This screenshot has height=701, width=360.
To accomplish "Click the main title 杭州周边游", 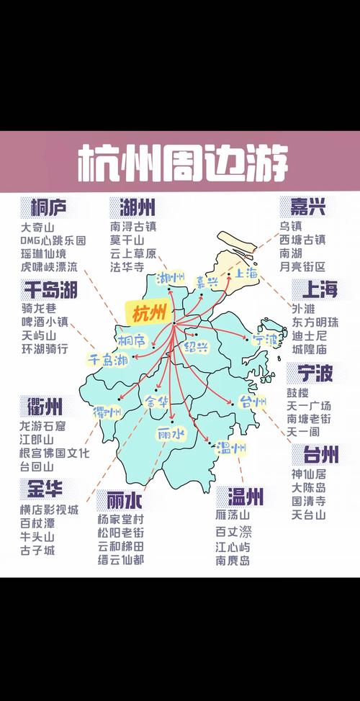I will pyautogui.click(x=182, y=163).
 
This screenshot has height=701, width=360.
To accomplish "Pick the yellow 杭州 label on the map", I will pyautogui.click(x=148, y=312).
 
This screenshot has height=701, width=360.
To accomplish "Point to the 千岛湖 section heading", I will pyautogui.click(x=50, y=290).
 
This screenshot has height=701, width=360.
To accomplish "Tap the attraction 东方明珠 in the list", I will pyautogui.click(x=314, y=322).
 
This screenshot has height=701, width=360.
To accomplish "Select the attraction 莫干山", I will pyautogui.click(x=127, y=240).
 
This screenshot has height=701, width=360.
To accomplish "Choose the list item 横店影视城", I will pyautogui.click(x=49, y=510).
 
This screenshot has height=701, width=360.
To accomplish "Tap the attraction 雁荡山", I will pyautogui.click(x=232, y=515).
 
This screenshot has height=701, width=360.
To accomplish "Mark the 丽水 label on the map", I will pyautogui.click(x=171, y=433).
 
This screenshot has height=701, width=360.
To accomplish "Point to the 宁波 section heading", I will pyautogui.click(x=312, y=373).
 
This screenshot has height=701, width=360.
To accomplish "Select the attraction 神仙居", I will pyautogui.click(x=308, y=474).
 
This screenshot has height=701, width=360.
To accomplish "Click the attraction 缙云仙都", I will pyautogui.click(x=121, y=559).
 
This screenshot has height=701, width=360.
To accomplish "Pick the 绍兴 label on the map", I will pyautogui.click(x=195, y=347).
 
